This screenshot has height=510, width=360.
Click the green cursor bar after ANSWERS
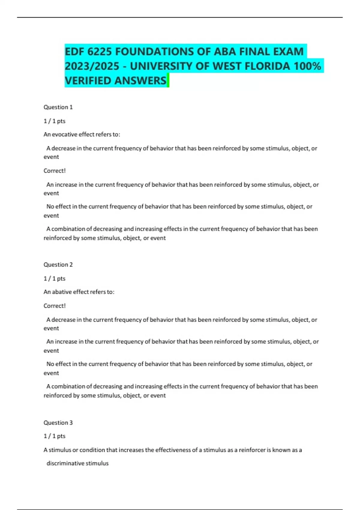(x=168, y=80)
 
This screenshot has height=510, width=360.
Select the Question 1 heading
(x=58, y=107)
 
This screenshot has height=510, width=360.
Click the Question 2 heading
(x=58, y=265)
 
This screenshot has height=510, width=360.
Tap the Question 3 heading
(x=58, y=423)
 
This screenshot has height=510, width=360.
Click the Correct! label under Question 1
(x=55, y=171)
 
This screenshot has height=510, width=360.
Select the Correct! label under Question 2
(x=55, y=306)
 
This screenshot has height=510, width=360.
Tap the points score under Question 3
(x=55, y=436)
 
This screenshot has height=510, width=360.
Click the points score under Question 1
(x=55, y=121)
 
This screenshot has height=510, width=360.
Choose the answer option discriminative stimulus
(x=77, y=463)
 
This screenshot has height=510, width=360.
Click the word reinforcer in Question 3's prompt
(x=252, y=450)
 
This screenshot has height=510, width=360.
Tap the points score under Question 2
(x=55, y=278)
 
